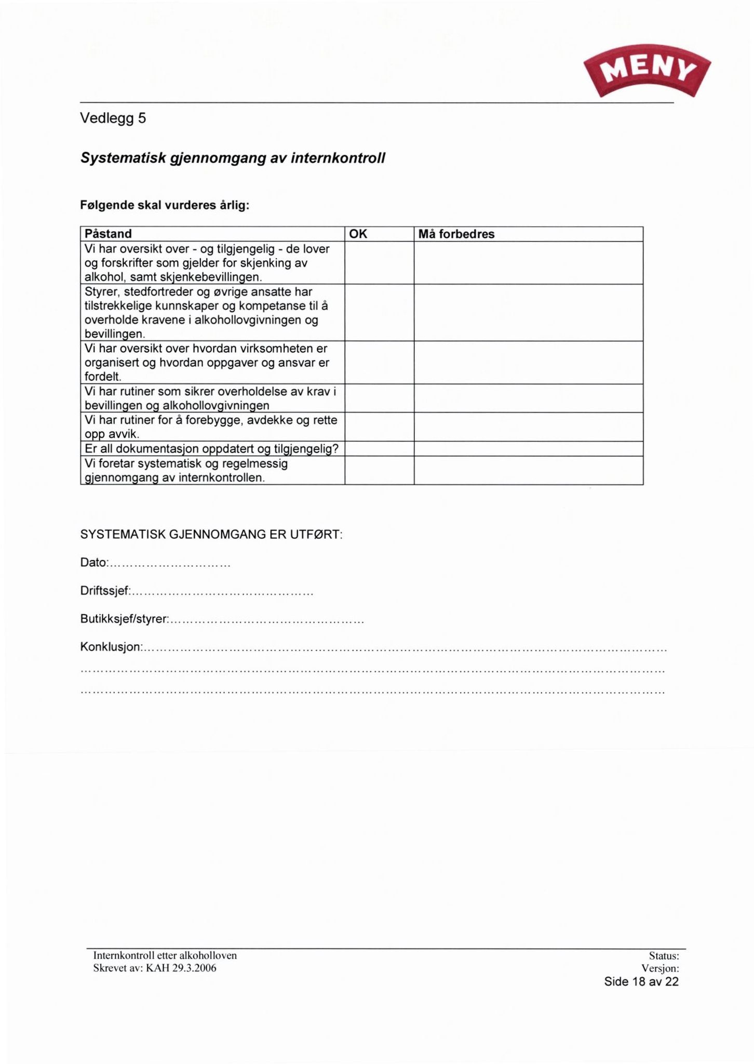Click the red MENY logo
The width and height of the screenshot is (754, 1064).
click(647, 71)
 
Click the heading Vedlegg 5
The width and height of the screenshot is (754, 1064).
click(113, 119)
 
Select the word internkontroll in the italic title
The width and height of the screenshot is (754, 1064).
click(338, 158)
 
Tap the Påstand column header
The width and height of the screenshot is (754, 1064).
click(108, 234)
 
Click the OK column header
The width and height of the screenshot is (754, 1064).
click(358, 234)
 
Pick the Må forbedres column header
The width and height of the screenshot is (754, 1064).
click(456, 234)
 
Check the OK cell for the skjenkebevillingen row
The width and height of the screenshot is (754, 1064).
click(379, 263)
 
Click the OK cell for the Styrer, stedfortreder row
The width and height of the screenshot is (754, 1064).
click(379, 313)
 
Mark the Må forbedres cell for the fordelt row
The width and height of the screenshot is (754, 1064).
click(528, 363)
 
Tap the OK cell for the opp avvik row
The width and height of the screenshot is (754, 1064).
click(379, 427)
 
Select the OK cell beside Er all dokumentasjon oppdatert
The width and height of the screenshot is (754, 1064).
click(379, 449)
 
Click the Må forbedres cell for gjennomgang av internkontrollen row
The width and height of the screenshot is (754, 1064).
click(528, 471)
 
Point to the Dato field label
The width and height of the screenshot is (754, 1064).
click(93, 563)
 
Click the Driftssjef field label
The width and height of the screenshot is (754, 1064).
click(104, 591)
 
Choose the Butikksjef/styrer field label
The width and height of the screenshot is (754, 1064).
click(124, 619)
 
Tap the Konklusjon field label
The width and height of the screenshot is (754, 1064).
click(111, 647)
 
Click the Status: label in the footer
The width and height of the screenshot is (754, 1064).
click(664, 955)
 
